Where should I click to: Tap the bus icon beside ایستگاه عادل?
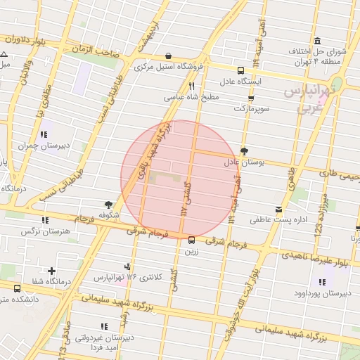241,70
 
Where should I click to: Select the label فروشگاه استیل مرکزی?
162,67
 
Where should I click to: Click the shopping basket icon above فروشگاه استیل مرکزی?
168,56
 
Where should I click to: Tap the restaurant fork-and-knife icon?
181,86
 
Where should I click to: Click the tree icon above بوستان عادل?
244,151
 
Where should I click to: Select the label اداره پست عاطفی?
279,221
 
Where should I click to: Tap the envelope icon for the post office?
279,210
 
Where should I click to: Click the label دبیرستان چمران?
45,146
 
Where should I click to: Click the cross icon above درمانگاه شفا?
51,271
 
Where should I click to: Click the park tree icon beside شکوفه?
108,204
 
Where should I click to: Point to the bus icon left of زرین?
192,239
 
